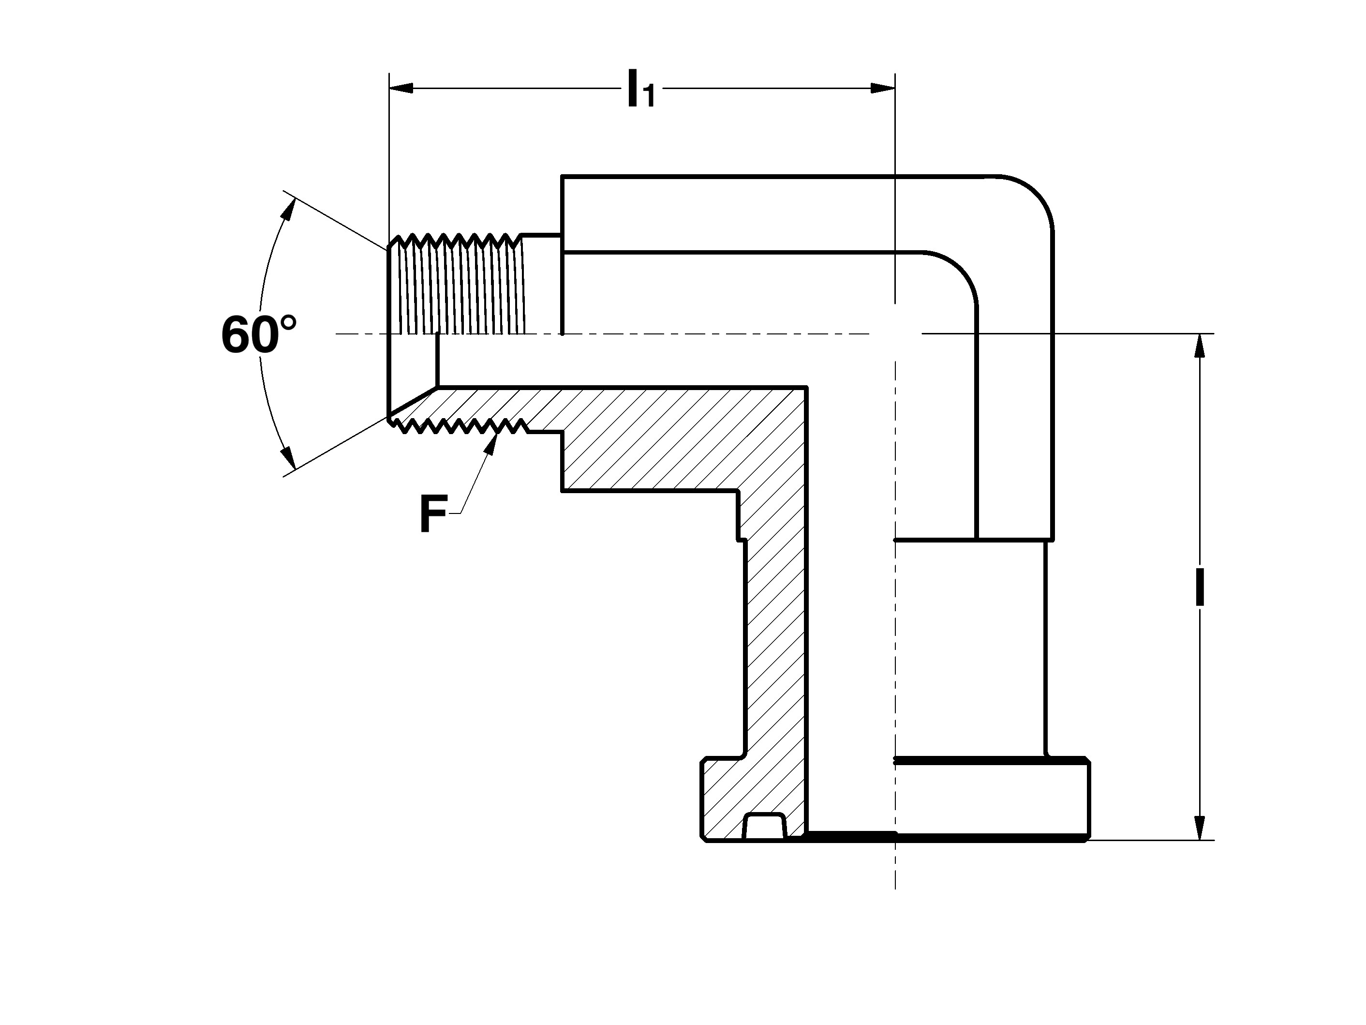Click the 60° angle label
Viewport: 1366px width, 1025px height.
(259, 335)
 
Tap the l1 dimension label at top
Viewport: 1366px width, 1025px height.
(640, 90)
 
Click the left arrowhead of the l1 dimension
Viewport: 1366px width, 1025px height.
(401, 89)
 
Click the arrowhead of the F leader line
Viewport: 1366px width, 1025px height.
(492, 442)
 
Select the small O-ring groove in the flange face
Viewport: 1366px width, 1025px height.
(765, 827)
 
